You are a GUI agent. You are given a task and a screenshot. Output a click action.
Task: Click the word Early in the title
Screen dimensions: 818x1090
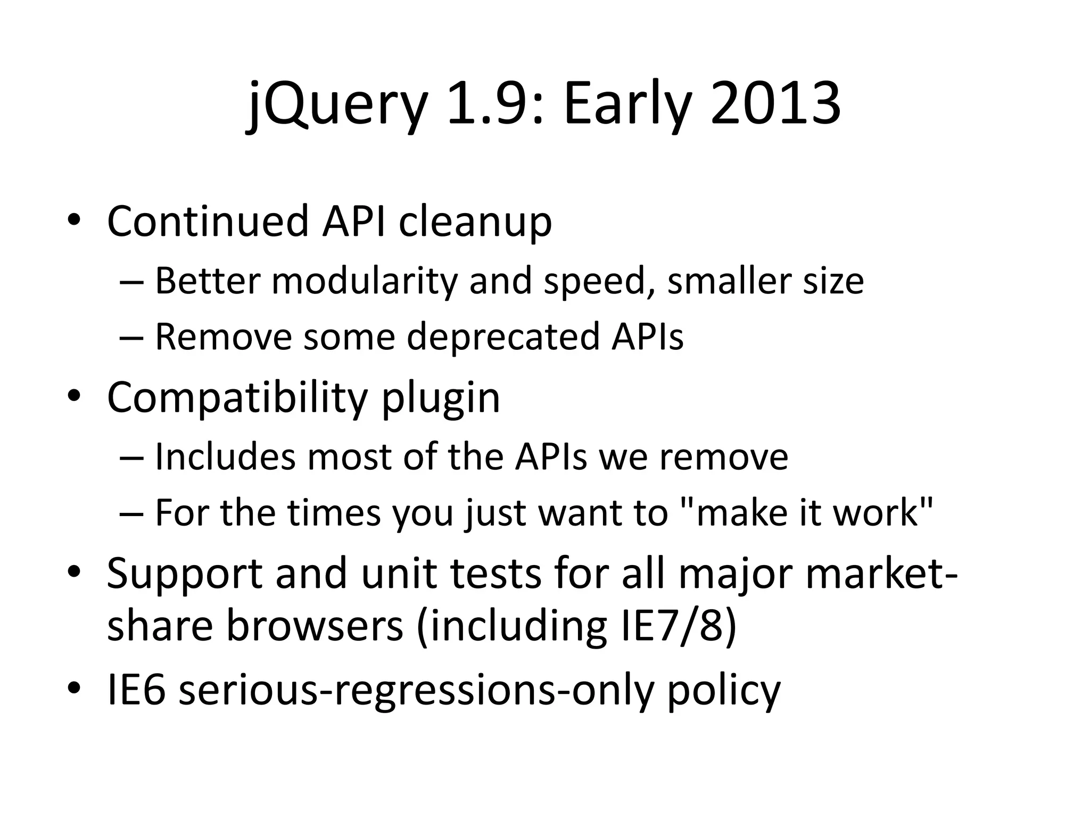coord(628,104)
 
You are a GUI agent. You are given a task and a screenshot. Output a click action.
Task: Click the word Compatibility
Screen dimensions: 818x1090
coord(237,398)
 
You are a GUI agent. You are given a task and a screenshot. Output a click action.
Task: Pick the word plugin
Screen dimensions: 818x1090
coord(441,399)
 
